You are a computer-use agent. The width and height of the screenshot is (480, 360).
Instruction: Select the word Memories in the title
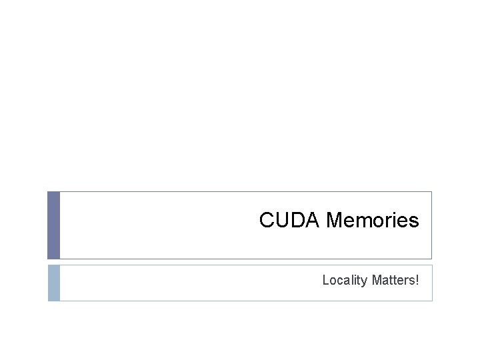tap(373, 220)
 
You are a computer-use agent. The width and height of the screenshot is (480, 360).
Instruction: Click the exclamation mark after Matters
tap(417, 280)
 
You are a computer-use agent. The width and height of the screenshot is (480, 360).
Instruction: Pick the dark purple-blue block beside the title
tap(54, 225)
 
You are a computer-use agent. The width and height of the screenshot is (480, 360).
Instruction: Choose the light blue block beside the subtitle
tap(54, 283)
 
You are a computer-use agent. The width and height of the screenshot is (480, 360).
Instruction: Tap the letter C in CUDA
tap(266, 220)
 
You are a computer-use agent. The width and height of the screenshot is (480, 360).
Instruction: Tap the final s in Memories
tap(414, 221)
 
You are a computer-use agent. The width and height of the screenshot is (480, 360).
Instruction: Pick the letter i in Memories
tap(394, 220)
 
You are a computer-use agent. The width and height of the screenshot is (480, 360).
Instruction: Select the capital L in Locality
tap(325, 280)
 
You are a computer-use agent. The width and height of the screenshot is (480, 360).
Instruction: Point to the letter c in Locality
tap(338, 281)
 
